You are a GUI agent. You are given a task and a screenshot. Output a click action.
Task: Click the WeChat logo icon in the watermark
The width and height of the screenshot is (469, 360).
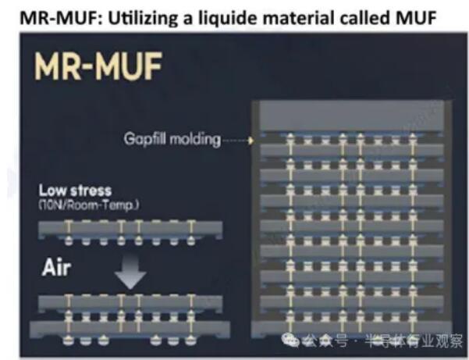(x=290, y=340)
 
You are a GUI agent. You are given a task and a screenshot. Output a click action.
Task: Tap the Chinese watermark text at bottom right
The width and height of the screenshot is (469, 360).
(x=382, y=340)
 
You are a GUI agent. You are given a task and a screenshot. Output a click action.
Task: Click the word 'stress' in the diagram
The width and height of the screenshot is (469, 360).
(x=91, y=191)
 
